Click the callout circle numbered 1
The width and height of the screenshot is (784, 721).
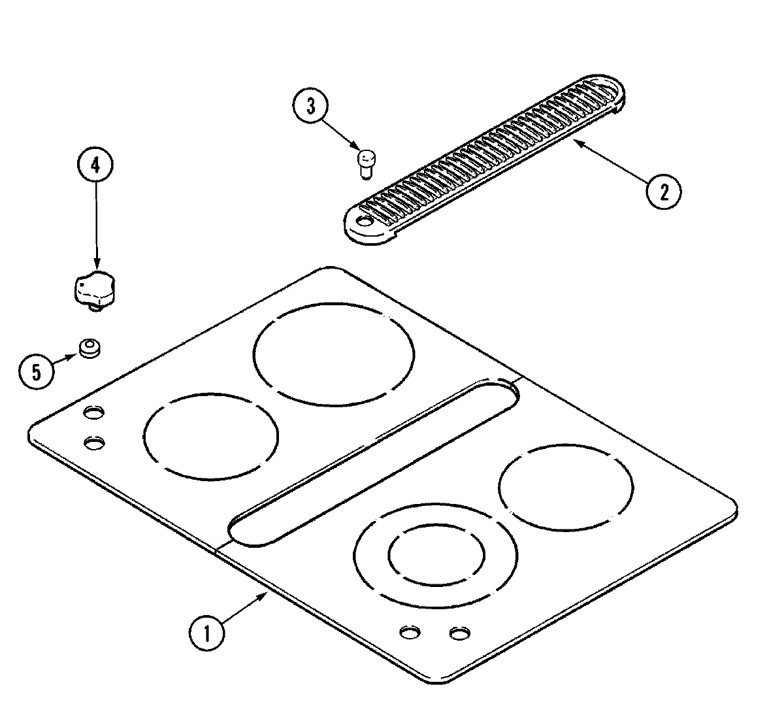pyautogui.click(x=207, y=633)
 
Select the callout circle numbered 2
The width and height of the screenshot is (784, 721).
pyautogui.click(x=663, y=192)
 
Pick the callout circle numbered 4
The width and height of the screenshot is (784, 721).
pyautogui.click(x=96, y=166)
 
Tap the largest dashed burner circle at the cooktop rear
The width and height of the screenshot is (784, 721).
pyautogui.click(x=334, y=354)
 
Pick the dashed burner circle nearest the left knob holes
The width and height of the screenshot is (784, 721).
pyautogui.click(x=210, y=435)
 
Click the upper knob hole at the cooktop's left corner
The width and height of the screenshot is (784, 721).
pyautogui.click(x=94, y=412)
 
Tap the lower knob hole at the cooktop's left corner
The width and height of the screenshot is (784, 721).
pyautogui.click(x=95, y=443)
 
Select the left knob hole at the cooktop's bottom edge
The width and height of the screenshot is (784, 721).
pyautogui.click(x=410, y=632)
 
